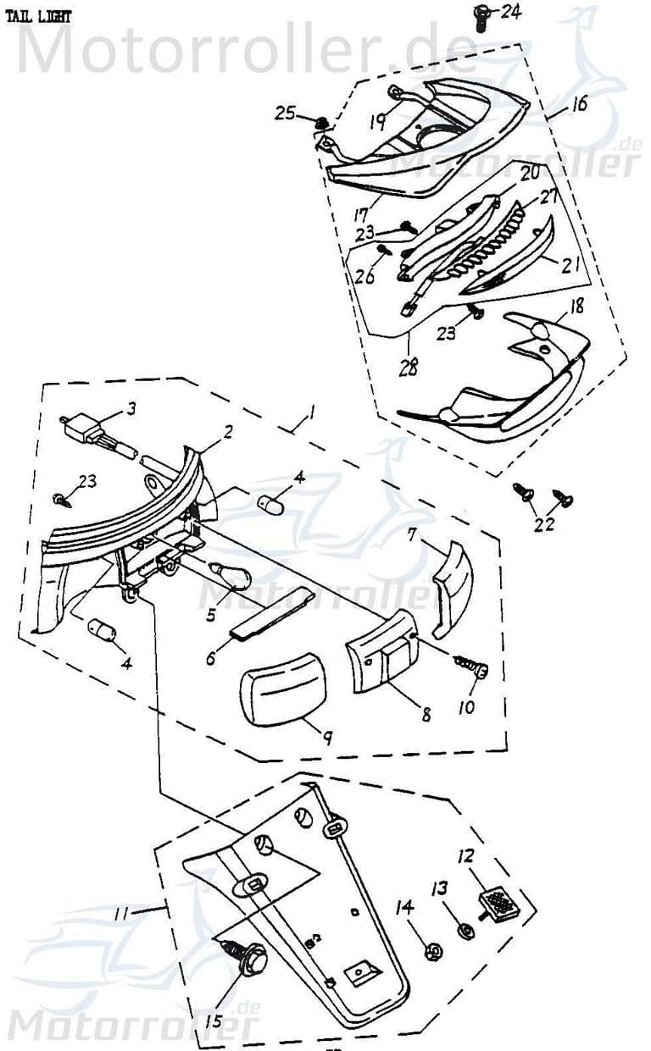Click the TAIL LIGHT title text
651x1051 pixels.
click(40, 16)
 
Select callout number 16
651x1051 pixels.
click(578, 105)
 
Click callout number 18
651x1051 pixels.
click(576, 306)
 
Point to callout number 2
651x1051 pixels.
click(227, 431)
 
